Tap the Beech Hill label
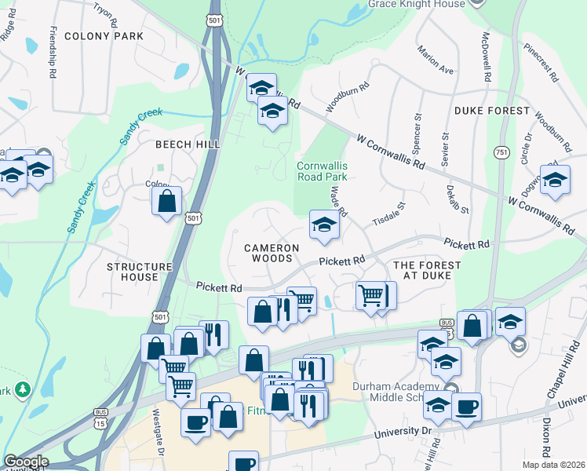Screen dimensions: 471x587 tap(187, 144)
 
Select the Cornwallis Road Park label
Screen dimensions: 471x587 tap(322, 171)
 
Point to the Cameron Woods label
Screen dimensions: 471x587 tap(272, 253)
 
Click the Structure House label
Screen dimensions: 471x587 tap(139, 272)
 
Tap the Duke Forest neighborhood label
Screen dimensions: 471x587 tap(491, 111)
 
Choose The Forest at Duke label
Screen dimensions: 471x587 tap(426, 271)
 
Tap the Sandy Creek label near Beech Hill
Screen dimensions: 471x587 tap(140, 126)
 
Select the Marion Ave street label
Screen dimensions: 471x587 tap(436, 59)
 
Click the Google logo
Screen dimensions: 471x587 tap(26, 462)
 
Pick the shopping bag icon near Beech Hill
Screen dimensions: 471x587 tap(167, 201)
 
